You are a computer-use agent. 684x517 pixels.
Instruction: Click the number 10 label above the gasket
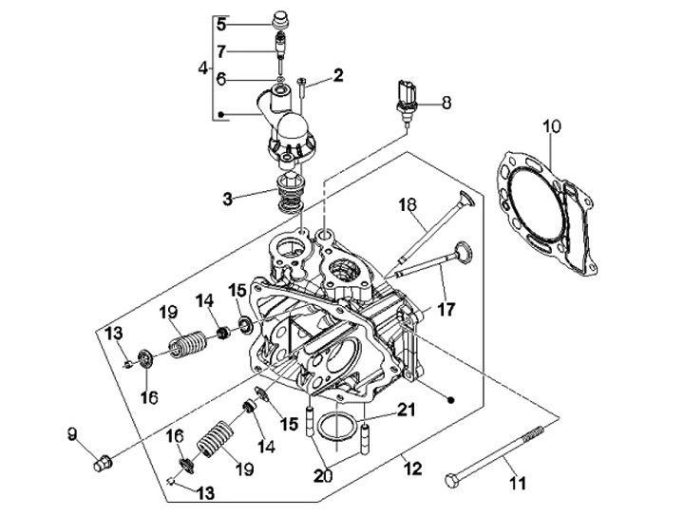coord(552,126)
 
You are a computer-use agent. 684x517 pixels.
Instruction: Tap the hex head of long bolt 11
coord(451,480)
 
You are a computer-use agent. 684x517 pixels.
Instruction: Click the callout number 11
coord(519,483)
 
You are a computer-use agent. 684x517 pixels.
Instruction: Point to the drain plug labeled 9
coord(103,463)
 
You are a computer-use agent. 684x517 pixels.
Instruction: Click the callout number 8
coord(446,103)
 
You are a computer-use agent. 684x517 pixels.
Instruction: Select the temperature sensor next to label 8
coord(407,102)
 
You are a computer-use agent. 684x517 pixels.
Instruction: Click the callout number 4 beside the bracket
coord(203,68)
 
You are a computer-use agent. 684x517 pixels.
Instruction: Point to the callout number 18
coord(408,204)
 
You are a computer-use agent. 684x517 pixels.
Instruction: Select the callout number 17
coord(446,309)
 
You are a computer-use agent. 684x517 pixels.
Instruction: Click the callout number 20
coord(323,475)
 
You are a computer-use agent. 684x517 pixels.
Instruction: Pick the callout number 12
coord(412,469)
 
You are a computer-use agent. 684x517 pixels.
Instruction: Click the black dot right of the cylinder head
coord(451,399)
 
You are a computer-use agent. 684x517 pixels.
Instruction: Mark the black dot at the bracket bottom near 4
coord(221,115)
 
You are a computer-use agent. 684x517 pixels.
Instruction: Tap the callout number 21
coord(406,411)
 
